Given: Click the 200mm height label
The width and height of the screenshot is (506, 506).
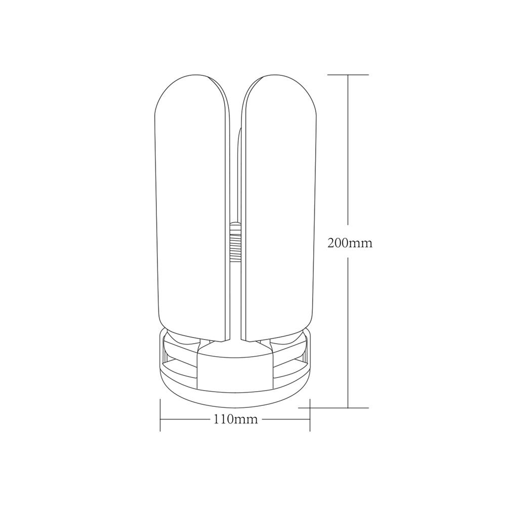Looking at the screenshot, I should click(x=350, y=243).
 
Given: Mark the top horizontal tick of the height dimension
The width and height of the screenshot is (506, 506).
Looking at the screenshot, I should click(x=348, y=75).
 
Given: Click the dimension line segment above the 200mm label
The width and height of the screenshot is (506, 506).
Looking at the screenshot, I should click(x=348, y=152).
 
